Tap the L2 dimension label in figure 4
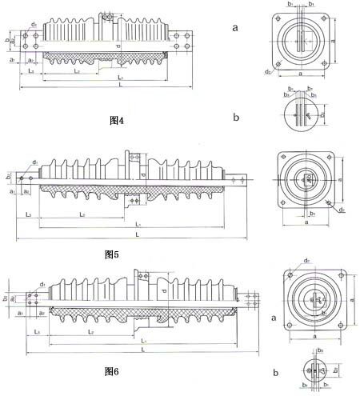[76, 72]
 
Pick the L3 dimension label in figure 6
[38, 331]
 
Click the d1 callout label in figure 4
[34, 26]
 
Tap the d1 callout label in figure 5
[35, 162]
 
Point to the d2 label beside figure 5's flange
[343, 210]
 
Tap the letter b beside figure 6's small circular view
[277, 372]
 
